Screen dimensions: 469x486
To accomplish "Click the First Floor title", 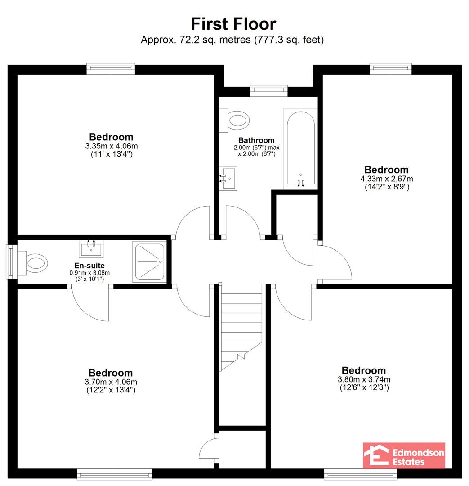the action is click(233, 24).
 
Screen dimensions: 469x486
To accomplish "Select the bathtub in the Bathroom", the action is click(300, 149).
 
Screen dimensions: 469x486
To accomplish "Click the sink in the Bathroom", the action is click(228, 178).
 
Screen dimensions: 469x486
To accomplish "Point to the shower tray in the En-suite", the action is click(149, 262).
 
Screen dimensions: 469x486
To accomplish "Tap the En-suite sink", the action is click(91, 249).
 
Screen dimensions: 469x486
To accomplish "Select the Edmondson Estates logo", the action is click(404, 455).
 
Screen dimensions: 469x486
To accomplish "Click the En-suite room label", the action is click(89, 265).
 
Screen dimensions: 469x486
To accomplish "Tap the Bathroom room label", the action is click(256, 140).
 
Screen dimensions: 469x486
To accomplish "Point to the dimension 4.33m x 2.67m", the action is click(387, 179).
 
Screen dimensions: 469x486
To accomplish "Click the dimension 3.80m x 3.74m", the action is click(364, 379).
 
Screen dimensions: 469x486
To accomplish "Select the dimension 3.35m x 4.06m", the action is click(112, 146).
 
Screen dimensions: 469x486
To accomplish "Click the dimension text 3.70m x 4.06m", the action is click(111, 382).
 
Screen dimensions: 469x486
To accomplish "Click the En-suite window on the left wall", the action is click(12, 261).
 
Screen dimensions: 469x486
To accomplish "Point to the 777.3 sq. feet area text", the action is click(289, 40).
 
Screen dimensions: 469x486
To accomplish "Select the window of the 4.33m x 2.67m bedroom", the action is click(391, 69).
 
